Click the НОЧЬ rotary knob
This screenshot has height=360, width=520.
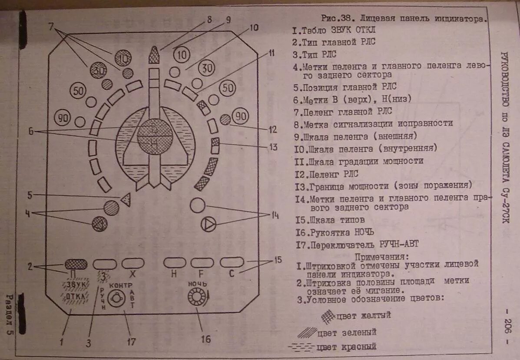tap(196, 298)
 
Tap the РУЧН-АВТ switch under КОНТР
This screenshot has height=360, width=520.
tap(116, 299)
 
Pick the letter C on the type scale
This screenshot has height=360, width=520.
tap(232, 274)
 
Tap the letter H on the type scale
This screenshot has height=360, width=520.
tap(174, 274)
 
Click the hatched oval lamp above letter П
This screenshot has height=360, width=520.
tap(76, 263)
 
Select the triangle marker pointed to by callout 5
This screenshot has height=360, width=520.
tap(126, 199)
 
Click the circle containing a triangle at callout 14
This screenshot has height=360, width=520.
tap(209, 224)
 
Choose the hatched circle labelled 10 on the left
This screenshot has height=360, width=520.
tap(123, 58)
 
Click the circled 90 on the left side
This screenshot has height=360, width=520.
tap(63, 117)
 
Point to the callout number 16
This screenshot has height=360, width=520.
tap(205, 339)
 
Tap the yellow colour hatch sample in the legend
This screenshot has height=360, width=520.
tap(328, 316)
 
